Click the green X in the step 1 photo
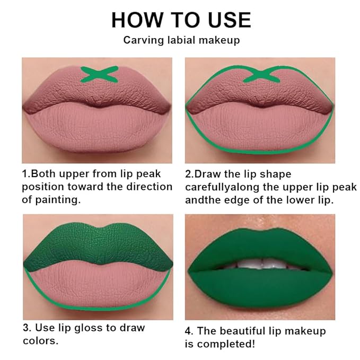click(98, 74)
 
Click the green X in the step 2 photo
click(259, 74)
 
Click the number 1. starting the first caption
click(26, 174)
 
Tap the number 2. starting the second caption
click(189, 174)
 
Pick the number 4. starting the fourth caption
click(189, 331)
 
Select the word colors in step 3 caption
click(39, 341)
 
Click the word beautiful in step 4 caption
click(251, 331)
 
